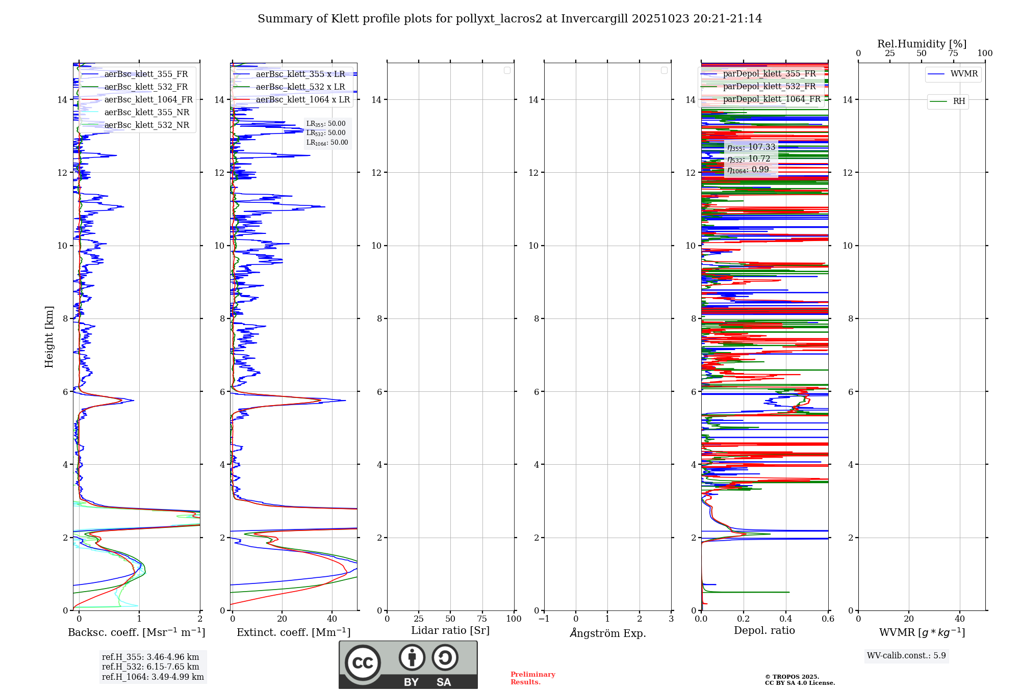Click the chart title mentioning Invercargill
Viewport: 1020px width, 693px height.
tap(509, 19)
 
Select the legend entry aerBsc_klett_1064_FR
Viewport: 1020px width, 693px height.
tap(148, 100)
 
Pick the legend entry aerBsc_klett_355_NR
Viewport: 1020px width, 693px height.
tap(147, 113)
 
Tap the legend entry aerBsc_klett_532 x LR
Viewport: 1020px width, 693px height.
tap(300, 87)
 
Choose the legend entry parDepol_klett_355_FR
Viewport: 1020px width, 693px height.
tap(769, 74)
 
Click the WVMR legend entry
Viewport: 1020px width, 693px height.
tap(964, 74)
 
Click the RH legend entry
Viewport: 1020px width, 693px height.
tap(959, 101)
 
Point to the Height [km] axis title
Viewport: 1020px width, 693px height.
tap(49, 336)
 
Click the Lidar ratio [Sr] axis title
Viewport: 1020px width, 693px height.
tap(450, 631)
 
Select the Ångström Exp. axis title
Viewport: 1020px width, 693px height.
tap(607, 633)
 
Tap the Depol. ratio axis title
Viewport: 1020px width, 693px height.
tap(764, 631)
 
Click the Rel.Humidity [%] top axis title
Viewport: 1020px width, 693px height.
tap(922, 44)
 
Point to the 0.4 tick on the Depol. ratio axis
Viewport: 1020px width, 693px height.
tap(785, 619)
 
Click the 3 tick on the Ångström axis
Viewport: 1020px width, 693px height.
tap(671, 619)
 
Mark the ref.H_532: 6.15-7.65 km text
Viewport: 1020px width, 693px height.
tap(150, 667)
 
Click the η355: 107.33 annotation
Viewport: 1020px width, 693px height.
tap(751, 147)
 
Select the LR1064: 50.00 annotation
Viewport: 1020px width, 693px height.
tap(327, 143)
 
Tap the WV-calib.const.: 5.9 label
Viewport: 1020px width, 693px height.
tap(906, 656)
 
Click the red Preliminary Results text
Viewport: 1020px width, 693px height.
tap(532, 678)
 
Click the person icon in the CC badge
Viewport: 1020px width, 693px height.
tap(412, 658)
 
